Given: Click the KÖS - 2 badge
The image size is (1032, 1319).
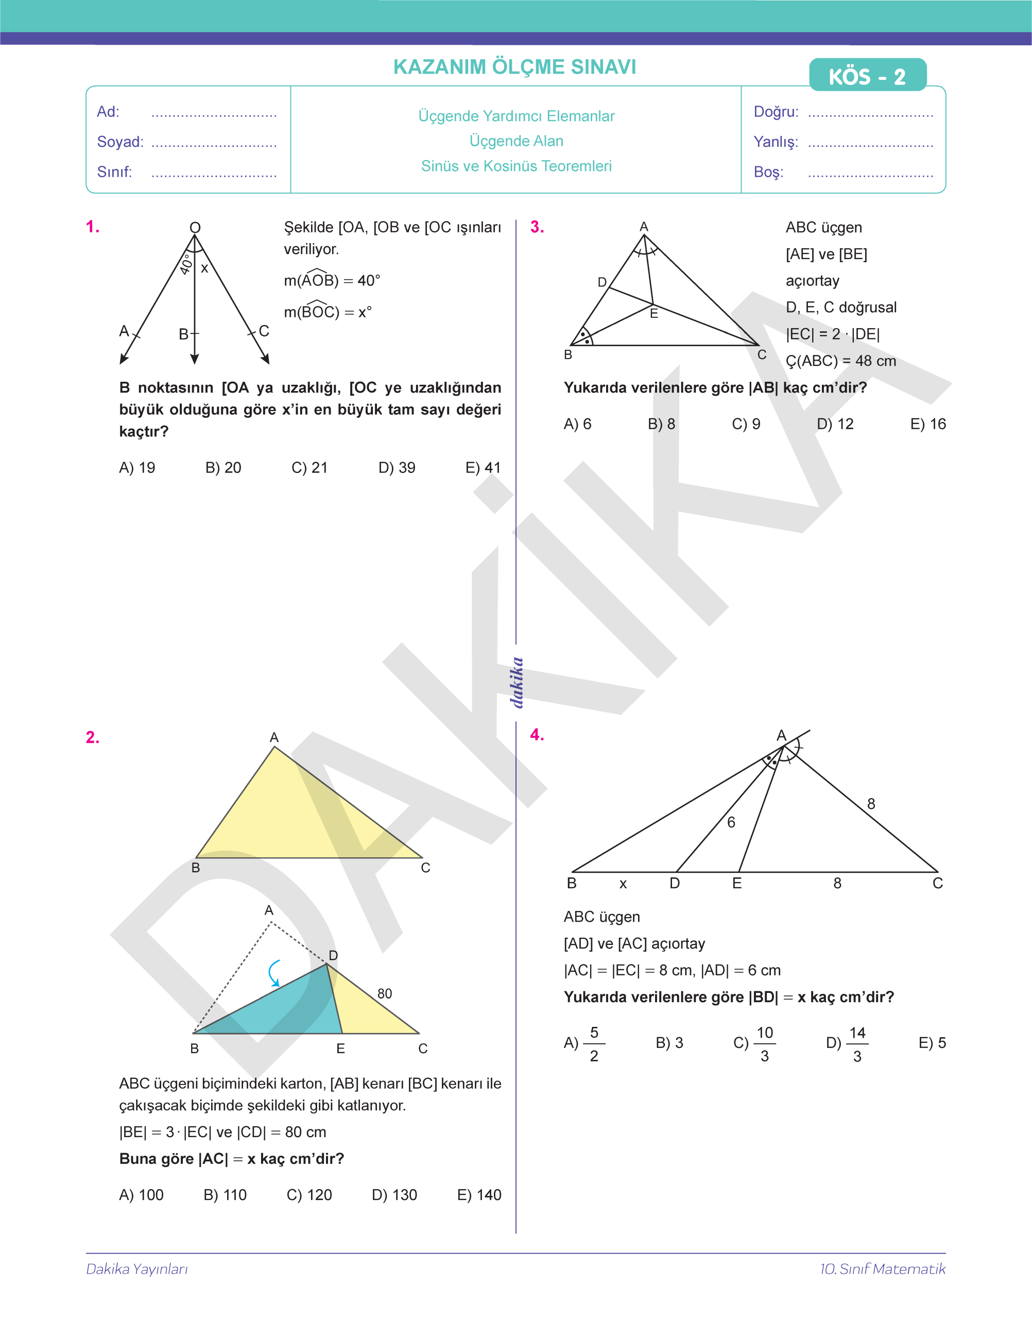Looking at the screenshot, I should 867,76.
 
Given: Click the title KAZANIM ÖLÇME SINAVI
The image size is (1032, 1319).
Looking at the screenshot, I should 515,66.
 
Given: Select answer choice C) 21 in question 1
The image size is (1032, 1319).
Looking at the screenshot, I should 309,467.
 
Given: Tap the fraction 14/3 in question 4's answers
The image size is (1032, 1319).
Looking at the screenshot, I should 857,1044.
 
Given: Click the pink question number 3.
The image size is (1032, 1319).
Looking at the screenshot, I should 537,227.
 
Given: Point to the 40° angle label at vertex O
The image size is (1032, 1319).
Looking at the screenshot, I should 186,264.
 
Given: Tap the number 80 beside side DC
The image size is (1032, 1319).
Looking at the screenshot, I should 385,993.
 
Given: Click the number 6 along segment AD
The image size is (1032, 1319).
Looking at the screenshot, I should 731,822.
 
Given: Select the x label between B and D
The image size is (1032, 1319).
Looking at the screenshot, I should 623,884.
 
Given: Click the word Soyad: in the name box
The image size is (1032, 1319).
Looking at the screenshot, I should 120,142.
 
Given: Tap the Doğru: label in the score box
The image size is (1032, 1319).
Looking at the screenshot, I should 776,112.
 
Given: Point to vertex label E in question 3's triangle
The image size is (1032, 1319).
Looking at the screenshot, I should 654,314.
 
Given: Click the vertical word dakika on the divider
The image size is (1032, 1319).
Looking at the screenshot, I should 517,683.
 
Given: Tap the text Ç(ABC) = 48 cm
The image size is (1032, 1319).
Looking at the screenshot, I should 840,361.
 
